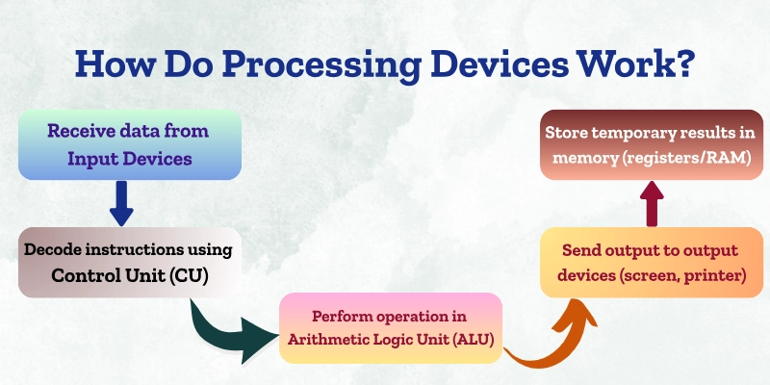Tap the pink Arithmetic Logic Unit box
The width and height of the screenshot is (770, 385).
390,327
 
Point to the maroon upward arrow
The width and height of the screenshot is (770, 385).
651,203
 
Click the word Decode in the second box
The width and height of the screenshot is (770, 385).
52,250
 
